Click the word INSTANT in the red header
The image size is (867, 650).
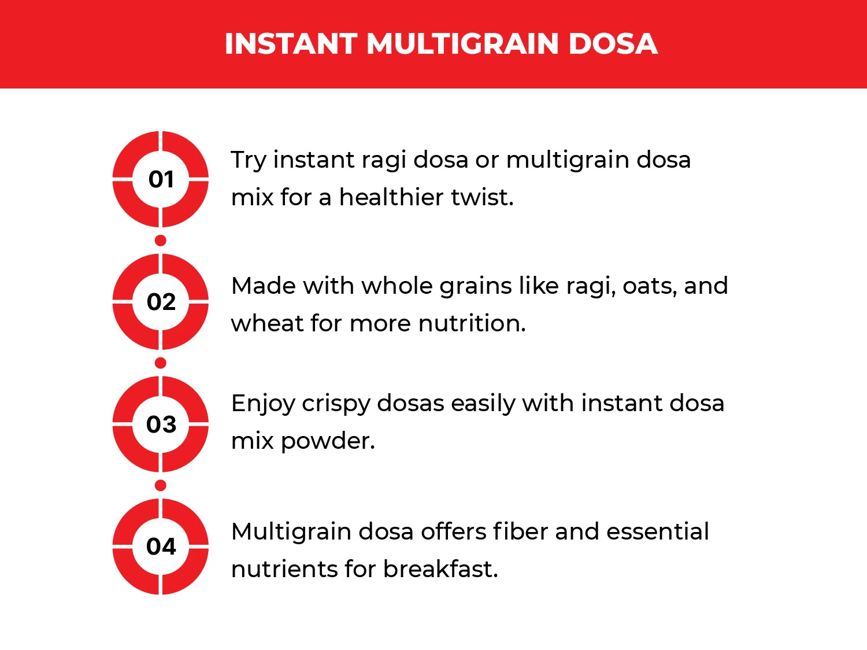290,44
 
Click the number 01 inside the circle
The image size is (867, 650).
161,179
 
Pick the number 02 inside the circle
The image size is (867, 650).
161,302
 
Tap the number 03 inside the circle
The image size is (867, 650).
161,424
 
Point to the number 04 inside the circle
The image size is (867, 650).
161,546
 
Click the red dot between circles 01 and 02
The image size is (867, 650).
161,241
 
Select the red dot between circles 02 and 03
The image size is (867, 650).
161,363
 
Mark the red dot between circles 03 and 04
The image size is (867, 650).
161,485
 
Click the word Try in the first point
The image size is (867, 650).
249,161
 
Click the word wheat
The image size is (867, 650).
267,323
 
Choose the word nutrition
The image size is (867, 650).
472,323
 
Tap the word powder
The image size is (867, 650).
328,442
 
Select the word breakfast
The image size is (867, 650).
440,569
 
